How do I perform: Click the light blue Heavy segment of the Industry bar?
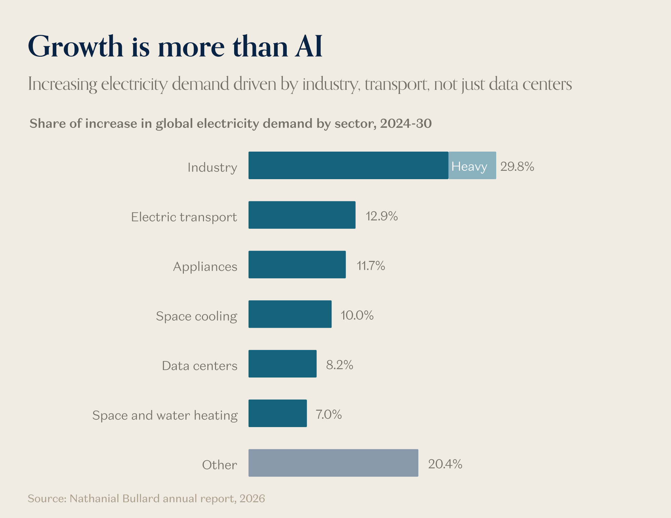point(472,165)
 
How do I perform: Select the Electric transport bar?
point(302,215)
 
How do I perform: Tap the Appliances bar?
point(297,265)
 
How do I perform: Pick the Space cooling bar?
point(290,314)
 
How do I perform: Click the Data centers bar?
point(282,364)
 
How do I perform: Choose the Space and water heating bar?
point(277,413)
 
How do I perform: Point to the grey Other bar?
point(333,463)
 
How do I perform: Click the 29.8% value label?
point(517,166)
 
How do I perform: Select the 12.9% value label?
point(381,216)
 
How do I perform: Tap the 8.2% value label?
point(340,365)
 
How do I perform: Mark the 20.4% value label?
point(445,464)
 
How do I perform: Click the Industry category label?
point(212,167)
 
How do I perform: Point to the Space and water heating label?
point(165,415)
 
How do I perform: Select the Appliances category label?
point(205,266)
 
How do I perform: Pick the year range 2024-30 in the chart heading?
point(406,123)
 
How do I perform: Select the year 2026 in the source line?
point(252,499)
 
